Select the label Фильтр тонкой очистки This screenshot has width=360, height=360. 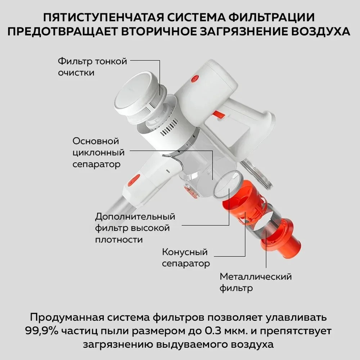pyautogui.click(x=93, y=67)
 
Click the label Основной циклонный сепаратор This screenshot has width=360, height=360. pyautogui.click(x=98, y=152)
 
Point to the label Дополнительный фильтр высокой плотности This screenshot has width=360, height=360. pyautogui.click(x=135, y=228)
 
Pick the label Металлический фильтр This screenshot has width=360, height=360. pyautogui.click(x=255, y=282)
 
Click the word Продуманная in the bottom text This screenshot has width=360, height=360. pyautogui.click(x=67, y=318)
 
